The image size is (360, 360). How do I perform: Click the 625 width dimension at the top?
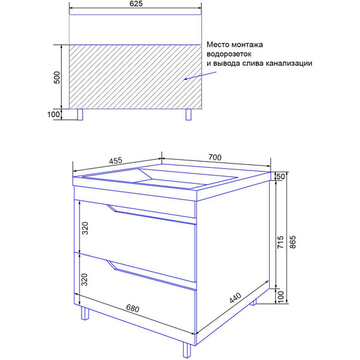tap(135, 4)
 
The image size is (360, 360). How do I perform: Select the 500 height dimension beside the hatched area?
tap(56, 77)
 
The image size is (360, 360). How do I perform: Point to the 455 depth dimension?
tap(115, 160)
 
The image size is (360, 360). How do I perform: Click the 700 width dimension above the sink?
tap(215, 157)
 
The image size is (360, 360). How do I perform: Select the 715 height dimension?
tap(280, 241)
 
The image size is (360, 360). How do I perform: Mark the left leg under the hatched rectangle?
tap(80, 114)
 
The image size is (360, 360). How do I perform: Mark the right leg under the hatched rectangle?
tap(189, 114)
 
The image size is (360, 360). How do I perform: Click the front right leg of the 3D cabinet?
tap(186, 350)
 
